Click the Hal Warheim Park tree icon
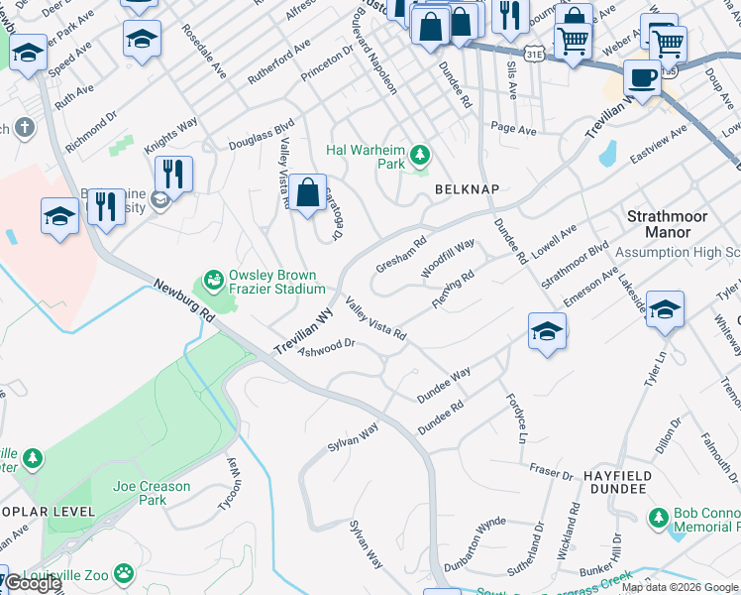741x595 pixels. tap(421, 155)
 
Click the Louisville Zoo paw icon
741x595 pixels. tap(124, 573)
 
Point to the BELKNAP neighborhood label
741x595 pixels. tap(465, 188)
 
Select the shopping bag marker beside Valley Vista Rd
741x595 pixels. tap(308, 191)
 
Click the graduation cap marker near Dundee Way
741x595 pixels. tap(546, 331)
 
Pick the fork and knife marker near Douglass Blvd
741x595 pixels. tap(174, 174)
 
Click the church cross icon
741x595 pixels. tap(25, 128)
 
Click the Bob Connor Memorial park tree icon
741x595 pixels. tap(658, 518)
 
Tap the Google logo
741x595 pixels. tap(34, 584)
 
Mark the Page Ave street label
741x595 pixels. tap(513, 129)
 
